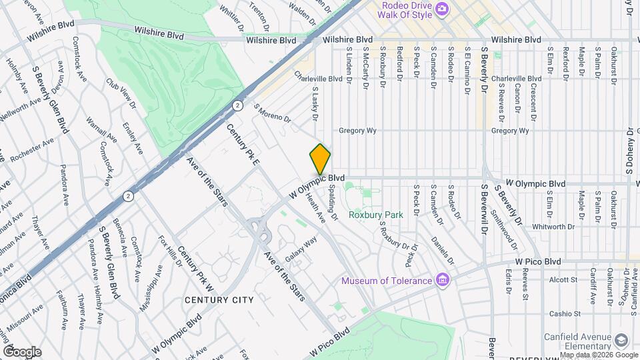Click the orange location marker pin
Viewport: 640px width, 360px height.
(320, 159)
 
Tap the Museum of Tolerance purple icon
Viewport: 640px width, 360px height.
(441, 280)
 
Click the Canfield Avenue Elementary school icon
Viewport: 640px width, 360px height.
(621, 340)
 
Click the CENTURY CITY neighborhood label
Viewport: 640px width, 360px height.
(221, 300)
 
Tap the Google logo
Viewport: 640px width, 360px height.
(22, 351)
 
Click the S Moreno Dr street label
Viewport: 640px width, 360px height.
(272, 113)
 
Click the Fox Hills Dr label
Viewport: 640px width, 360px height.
(169, 251)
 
